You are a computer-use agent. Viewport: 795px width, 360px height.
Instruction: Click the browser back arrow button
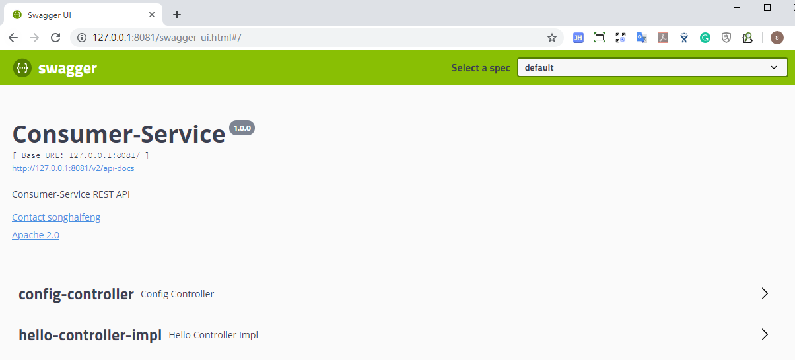[x=13, y=38]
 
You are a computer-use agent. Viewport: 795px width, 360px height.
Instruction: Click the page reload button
[x=55, y=38]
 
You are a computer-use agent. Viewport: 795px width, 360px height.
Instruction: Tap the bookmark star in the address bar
[x=552, y=38]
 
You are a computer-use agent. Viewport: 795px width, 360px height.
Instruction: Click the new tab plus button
[x=177, y=15]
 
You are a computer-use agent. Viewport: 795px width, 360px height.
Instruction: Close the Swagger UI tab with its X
[x=153, y=15]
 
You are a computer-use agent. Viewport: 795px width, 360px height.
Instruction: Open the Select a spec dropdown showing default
[x=652, y=67]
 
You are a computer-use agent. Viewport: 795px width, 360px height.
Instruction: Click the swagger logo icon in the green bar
[x=22, y=67]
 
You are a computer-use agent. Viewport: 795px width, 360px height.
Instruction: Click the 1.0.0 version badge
[x=242, y=127]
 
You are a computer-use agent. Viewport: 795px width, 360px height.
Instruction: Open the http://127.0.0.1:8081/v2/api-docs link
[x=73, y=168]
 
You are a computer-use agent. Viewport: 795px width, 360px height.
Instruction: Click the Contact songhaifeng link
[x=56, y=217]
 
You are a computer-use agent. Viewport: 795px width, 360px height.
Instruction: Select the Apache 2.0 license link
[x=36, y=235]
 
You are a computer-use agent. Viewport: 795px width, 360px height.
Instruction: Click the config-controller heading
[x=76, y=294]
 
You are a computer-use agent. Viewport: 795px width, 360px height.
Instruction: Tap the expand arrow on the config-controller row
[x=765, y=294]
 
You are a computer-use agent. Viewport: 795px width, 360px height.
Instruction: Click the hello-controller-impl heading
[x=90, y=335]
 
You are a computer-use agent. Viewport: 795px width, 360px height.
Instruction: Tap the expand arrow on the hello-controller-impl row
[x=765, y=335]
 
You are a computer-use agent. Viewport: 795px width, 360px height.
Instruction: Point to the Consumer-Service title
[x=119, y=134]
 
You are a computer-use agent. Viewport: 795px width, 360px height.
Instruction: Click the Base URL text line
[x=81, y=155]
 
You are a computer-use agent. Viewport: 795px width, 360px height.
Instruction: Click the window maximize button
[x=767, y=7]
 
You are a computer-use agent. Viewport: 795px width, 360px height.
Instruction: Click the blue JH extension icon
[x=578, y=38]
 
